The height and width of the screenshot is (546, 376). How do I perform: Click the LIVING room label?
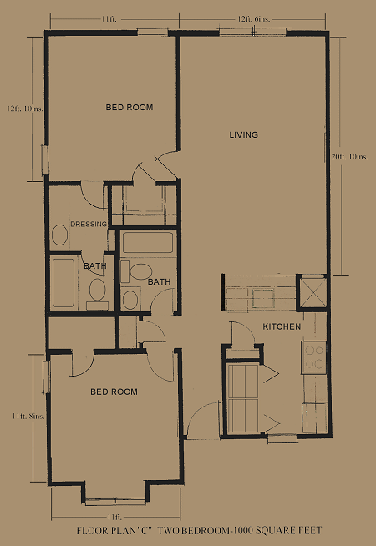click(x=244, y=134)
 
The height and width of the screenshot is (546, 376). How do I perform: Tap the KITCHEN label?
click(x=282, y=326)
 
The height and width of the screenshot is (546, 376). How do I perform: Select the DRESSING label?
click(x=89, y=225)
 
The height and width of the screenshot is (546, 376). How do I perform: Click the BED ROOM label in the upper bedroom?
click(x=130, y=107)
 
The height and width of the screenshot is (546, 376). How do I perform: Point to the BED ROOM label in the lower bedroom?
click(x=114, y=392)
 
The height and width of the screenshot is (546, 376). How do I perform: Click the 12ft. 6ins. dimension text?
click(x=254, y=19)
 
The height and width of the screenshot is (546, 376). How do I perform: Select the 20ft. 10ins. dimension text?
click(x=349, y=157)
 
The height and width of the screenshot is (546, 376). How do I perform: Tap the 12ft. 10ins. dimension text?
click(x=25, y=109)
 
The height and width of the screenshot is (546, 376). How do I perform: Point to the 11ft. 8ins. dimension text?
click(x=28, y=416)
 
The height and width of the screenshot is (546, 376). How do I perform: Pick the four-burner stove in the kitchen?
click(x=314, y=357)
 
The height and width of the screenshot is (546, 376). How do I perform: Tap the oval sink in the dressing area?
click(x=59, y=235)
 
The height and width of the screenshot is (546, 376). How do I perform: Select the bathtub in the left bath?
click(x=63, y=283)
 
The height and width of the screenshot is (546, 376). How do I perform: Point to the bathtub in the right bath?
click(x=148, y=242)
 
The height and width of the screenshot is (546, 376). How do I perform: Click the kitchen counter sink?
click(x=263, y=298)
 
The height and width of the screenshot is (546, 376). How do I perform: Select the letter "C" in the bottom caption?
click(x=146, y=531)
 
